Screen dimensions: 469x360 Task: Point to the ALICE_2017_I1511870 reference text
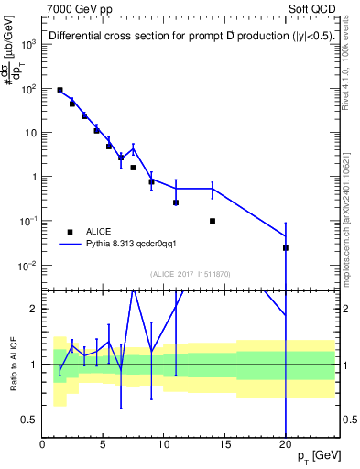point(189,273)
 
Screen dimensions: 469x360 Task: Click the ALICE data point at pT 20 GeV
point(286,248)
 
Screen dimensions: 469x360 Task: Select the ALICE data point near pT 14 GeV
point(213,221)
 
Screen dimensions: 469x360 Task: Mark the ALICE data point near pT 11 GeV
point(176,202)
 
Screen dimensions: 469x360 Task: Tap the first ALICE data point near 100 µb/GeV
point(60,91)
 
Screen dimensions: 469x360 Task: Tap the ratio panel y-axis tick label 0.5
point(29,420)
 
